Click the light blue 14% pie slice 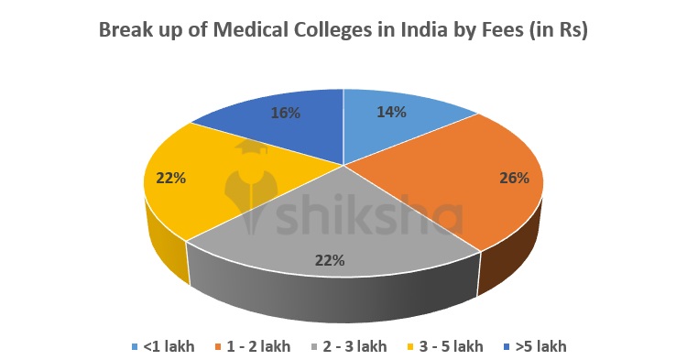pos(403,128)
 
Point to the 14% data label pos(393,112)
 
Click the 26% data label pos(514,178)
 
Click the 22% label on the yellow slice pos(170,178)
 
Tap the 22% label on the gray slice pos(329,260)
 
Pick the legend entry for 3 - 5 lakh pos(451,346)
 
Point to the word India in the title pos(428,29)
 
